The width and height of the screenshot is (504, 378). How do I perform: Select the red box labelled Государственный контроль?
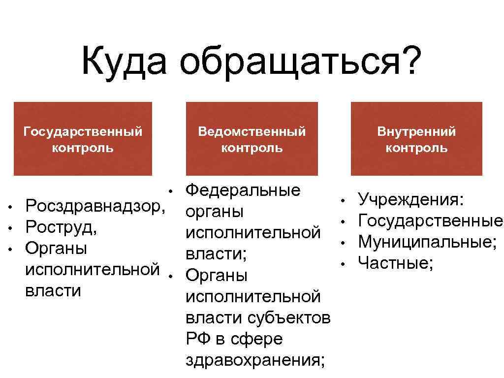(83, 139)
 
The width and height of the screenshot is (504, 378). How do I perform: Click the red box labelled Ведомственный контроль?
(252, 139)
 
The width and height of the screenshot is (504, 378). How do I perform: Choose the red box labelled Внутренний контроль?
(416, 139)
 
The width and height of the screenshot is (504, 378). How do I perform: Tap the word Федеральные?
(243, 190)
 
